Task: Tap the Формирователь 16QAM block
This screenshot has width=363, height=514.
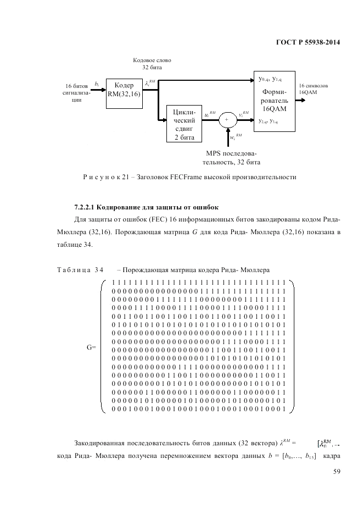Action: [x=273, y=101]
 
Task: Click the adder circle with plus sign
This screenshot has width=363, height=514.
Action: [x=225, y=119]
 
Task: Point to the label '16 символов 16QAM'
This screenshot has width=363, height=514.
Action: [x=314, y=90]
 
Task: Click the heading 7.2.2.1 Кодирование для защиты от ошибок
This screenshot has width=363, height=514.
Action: [x=147, y=207]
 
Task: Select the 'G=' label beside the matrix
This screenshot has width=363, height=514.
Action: [x=91, y=347]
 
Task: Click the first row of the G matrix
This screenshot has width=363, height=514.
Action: [x=198, y=283]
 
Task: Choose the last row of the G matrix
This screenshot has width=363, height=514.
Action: [x=198, y=409]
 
